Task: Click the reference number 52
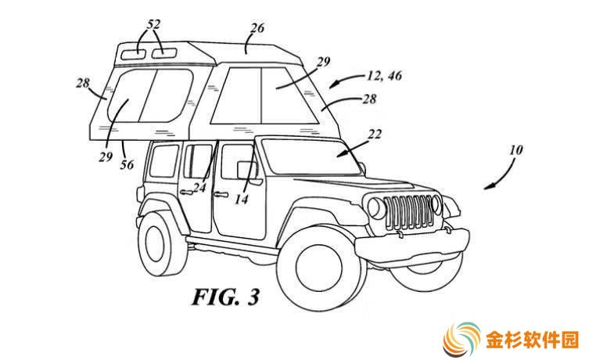click(153, 24)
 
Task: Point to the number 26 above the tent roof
click(257, 28)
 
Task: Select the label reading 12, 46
click(384, 76)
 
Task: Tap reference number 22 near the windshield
click(375, 134)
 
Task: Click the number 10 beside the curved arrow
click(515, 150)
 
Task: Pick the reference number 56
click(127, 164)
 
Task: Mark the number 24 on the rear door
click(199, 187)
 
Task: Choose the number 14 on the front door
click(242, 199)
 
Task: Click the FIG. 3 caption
click(226, 297)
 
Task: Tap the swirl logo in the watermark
click(462, 340)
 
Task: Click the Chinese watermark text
click(532, 340)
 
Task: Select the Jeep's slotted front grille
click(408, 212)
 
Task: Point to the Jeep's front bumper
click(412, 245)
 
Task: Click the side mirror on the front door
click(247, 171)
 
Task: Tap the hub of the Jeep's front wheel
click(320, 267)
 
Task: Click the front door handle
click(221, 194)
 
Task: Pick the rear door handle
click(187, 193)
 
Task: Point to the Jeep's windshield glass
click(311, 157)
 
